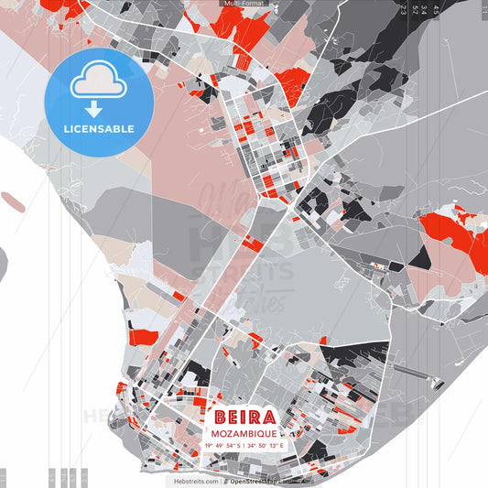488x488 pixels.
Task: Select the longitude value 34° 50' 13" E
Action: point(267,446)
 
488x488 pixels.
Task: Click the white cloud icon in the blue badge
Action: point(97,85)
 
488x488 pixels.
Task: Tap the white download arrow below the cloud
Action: point(97,111)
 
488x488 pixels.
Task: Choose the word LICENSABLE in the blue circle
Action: point(97,129)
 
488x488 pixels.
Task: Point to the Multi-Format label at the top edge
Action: point(244,4)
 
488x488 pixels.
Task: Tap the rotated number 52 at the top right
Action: point(415,10)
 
